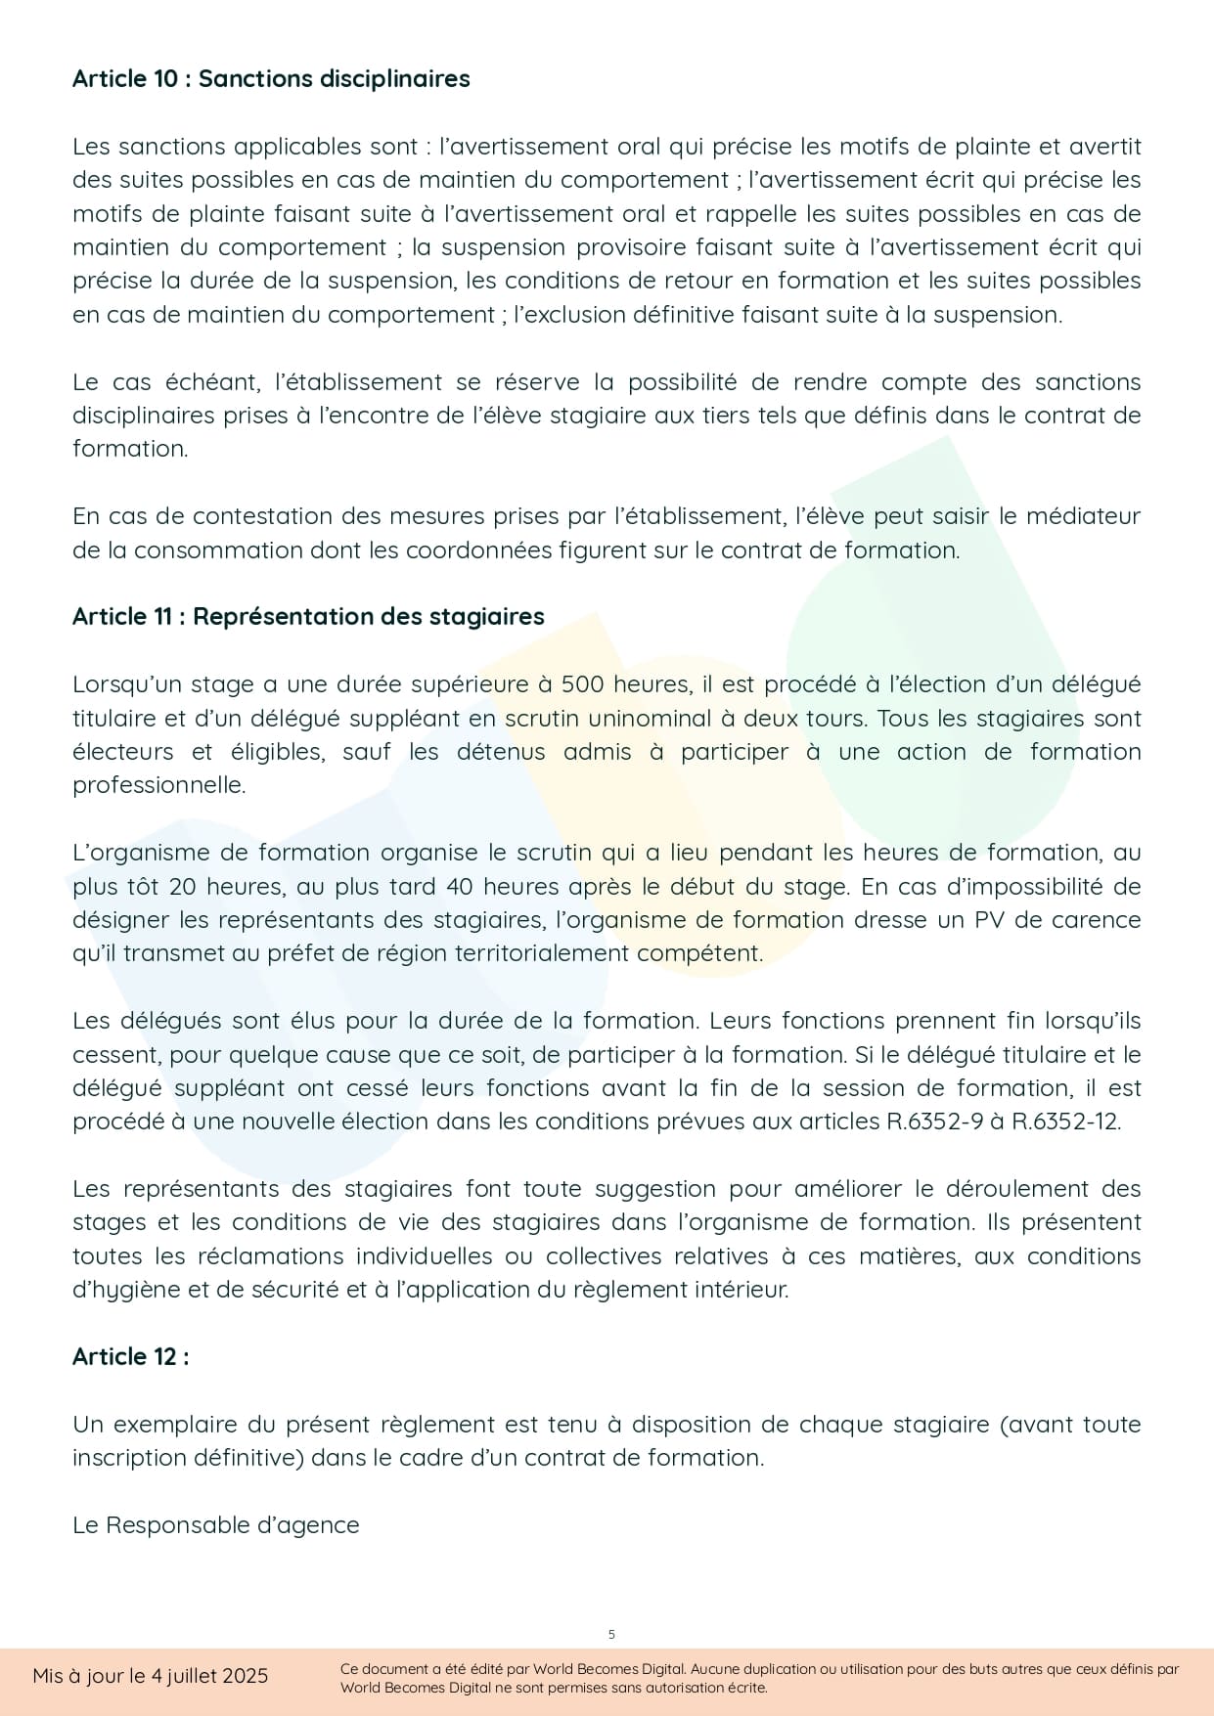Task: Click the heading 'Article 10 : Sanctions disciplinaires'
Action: pyautogui.click(x=271, y=79)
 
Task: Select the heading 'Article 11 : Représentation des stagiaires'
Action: pyautogui.click(x=308, y=617)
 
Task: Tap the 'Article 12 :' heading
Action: pyautogui.click(x=130, y=1357)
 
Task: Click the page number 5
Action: pyautogui.click(x=611, y=1634)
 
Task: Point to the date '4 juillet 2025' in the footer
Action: pyautogui.click(x=209, y=1676)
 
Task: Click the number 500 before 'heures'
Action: pyautogui.click(x=581, y=684)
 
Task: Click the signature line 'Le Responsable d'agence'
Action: pyautogui.click(x=216, y=1525)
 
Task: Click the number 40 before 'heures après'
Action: pyautogui.click(x=460, y=887)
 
